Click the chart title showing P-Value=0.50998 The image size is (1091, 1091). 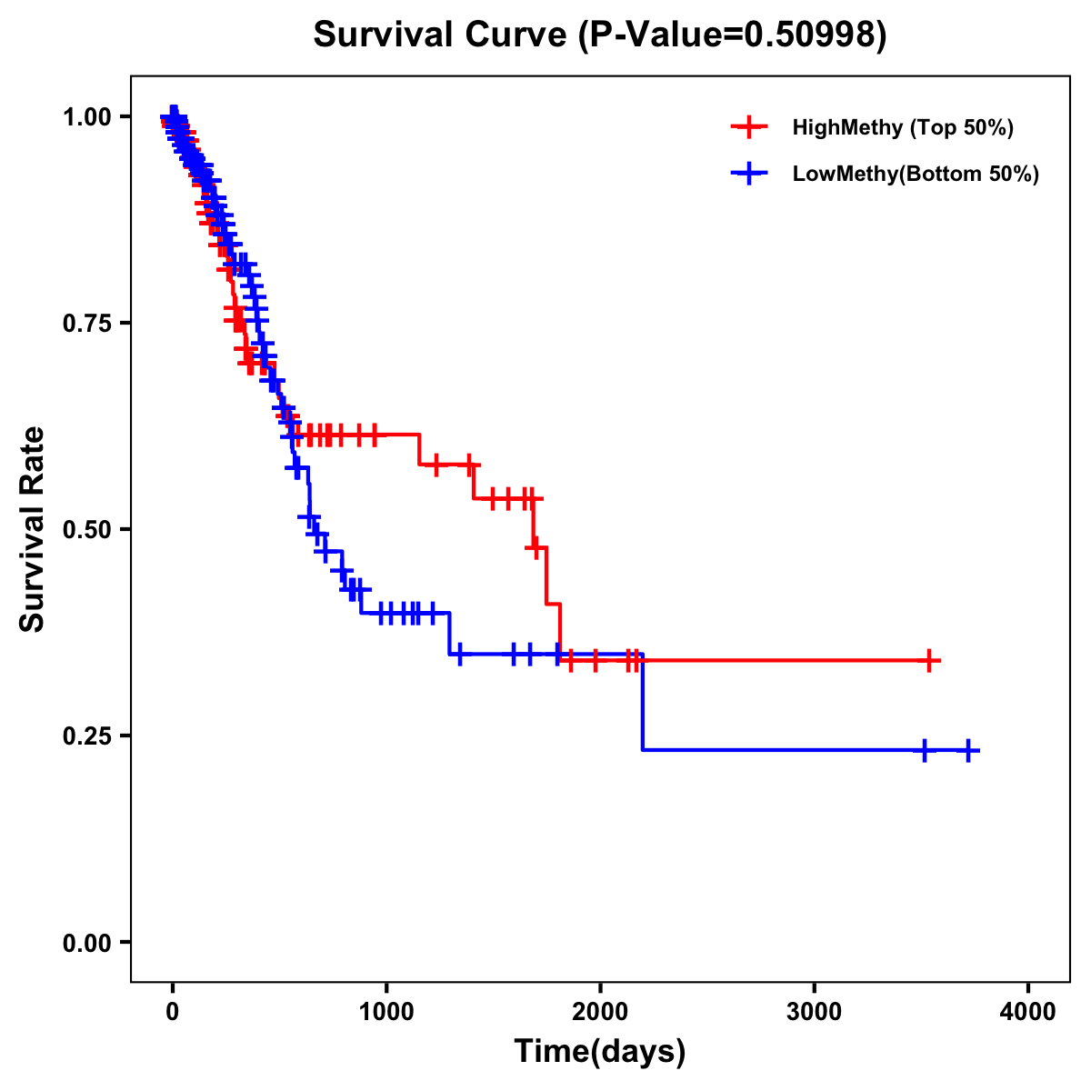(x=600, y=35)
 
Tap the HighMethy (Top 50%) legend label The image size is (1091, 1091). (x=902, y=127)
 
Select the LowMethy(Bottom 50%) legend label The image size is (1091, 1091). (x=916, y=174)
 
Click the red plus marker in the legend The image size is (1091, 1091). (x=749, y=127)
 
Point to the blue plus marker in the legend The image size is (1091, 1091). (x=749, y=174)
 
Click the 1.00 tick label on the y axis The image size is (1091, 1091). (x=86, y=117)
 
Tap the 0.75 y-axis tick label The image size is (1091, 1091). (x=86, y=324)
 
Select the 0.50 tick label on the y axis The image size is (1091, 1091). (x=86, y=530)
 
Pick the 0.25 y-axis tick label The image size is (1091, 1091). (x=86, y=736)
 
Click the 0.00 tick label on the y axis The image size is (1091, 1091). (x=86, y=943)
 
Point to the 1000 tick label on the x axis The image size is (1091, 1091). (x=386, y=1012)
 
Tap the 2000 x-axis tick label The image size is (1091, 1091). (x=600, y=1012)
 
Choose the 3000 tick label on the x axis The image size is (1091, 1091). (x=814, y=1012)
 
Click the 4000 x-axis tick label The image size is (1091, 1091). (x=1028, y=1012)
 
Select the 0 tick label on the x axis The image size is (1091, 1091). (x=173, y=1012)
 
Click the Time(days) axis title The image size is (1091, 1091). (x=600, y=1051)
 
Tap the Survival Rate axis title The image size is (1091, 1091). (x=33, y=529)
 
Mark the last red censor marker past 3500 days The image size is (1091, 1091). (x=929, y=661)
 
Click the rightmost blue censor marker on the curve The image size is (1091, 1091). (x=968, y=750)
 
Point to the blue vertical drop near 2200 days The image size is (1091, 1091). (x=642, y=702)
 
